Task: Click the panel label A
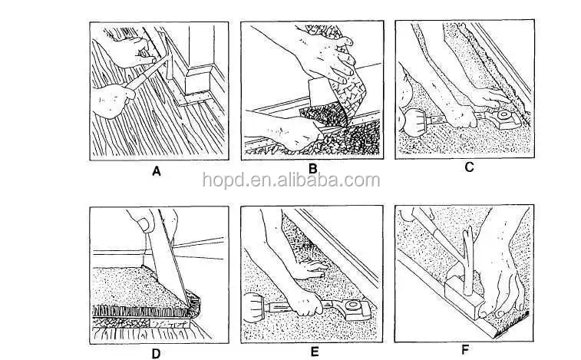point(157,172)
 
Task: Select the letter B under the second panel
point(312,168)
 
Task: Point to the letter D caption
point(157,353)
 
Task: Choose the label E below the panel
point(313,353)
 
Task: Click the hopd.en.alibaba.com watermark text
point(291,181)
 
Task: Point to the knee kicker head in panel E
point(357,312)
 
